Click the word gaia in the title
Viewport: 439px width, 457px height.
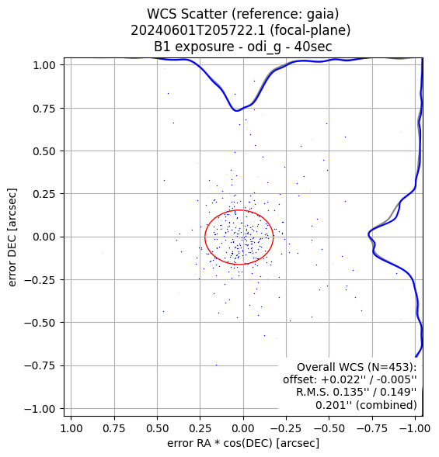click(324, 14)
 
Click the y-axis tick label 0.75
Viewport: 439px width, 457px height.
click(44, 109)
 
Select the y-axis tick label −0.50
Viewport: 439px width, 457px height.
click(40, 323)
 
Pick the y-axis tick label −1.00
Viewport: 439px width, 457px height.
click(40, 409)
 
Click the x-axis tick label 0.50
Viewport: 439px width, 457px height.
click(157, 428)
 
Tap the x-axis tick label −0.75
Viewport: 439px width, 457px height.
click(371, 428)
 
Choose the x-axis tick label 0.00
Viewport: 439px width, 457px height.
click(243, 428)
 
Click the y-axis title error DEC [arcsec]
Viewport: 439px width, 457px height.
click(12, 237)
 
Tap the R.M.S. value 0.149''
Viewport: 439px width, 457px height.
click(398, 392)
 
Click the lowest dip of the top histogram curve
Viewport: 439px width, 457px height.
click(236, 111)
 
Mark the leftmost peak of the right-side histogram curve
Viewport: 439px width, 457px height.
click(368, 234)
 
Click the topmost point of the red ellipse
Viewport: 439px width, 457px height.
click(239, 209)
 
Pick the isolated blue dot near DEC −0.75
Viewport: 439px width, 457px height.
click(216, 365)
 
